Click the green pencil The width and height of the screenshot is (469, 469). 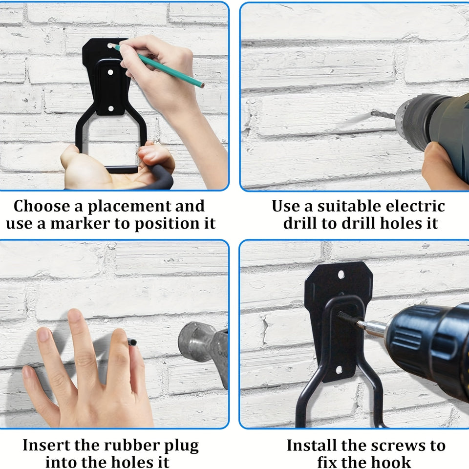pyautogui.click(x=158, y=65)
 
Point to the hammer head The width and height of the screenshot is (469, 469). pyautogui.click(x=203, y=347)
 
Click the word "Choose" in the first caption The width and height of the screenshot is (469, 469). pyautogui.click(x=42, y=206)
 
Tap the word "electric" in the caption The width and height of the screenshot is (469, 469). pyautogui.click(x=415, y=206)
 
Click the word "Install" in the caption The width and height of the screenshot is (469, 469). pyautogui.click(x=312, y=446)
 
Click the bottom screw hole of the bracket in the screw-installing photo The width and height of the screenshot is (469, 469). pyautogui.click(x=339, y=370)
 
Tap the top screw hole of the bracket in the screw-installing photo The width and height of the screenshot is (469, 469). pyautogui.click(x=341, y=274)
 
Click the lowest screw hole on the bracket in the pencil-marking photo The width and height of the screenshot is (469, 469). pyautogui.click(x=111, y=108)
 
